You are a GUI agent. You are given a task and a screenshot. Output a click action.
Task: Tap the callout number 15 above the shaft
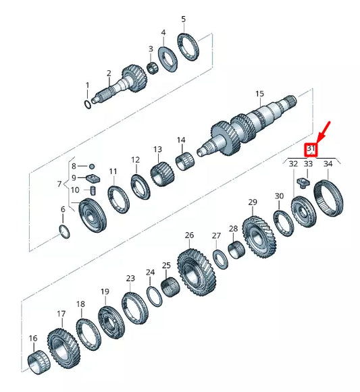(x=259, y=94)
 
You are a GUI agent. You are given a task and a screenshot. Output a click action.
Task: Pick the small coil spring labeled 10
(x=93, y=192)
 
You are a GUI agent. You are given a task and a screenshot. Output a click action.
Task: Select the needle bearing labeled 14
(x=184, y=162)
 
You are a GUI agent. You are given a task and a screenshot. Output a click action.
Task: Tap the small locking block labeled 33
(x=303, y=181)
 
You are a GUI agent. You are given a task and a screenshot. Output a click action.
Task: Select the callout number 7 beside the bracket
(x=59, y=184)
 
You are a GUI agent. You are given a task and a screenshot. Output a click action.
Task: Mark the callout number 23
(x=130, y=278)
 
